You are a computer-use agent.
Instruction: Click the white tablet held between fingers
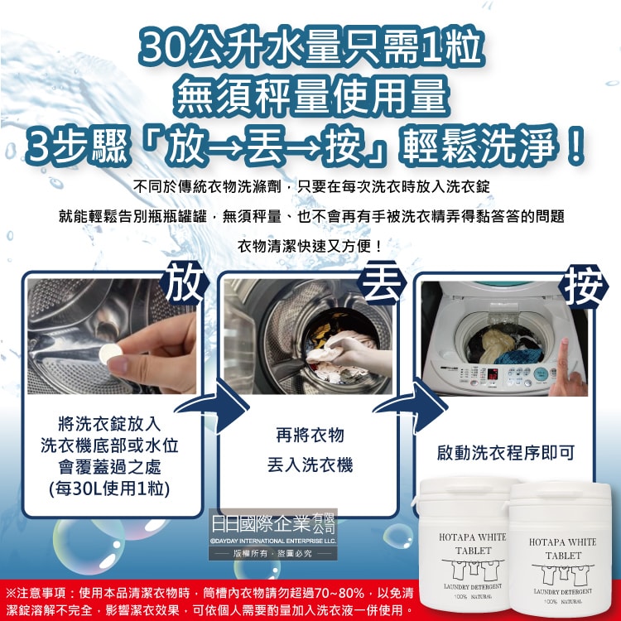[112, 351]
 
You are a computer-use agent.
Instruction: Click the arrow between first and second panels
[216, 405]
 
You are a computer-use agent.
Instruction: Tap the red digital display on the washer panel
[493, 373]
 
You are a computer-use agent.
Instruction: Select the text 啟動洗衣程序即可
[506, 453]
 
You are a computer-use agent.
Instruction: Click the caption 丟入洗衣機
[310, 465]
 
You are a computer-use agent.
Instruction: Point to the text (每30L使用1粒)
[109, 489]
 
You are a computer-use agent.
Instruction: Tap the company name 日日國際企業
[261, 524]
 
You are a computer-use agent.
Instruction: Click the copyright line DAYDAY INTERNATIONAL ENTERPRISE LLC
[273, 541]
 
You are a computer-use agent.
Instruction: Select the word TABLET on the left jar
[473, 551]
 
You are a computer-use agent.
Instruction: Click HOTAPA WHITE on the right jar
[562, 542]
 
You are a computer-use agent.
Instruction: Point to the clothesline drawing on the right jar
[562, 573]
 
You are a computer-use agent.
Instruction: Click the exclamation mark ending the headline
[575, 146]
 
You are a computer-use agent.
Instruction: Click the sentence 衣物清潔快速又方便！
[310, 246]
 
